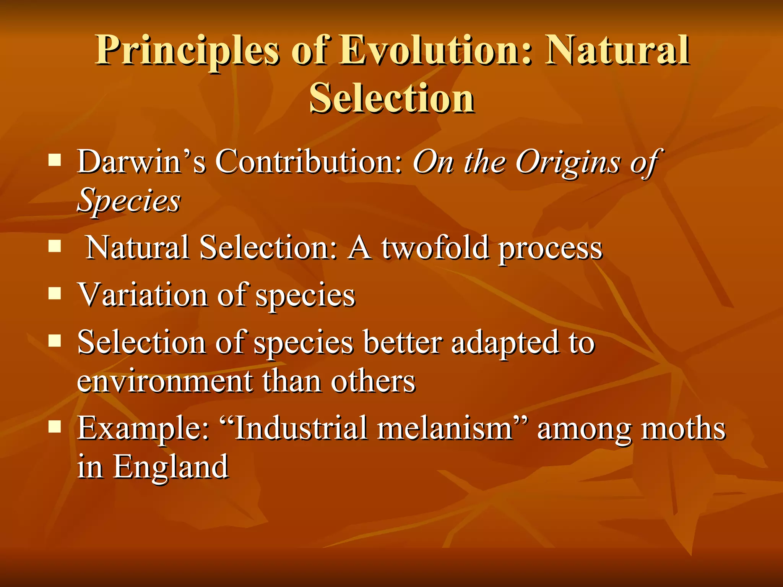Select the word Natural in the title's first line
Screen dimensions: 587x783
pyautogui.click(x=617, y=50)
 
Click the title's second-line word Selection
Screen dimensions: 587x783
pyautogui.click(x=392, y=98)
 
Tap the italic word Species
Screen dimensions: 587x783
pyautogui.click(x=129, y=201)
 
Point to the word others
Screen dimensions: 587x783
pyautogui.click(x=373, y=381)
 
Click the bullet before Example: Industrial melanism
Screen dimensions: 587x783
pyautogui.click(x=55, y=426)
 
